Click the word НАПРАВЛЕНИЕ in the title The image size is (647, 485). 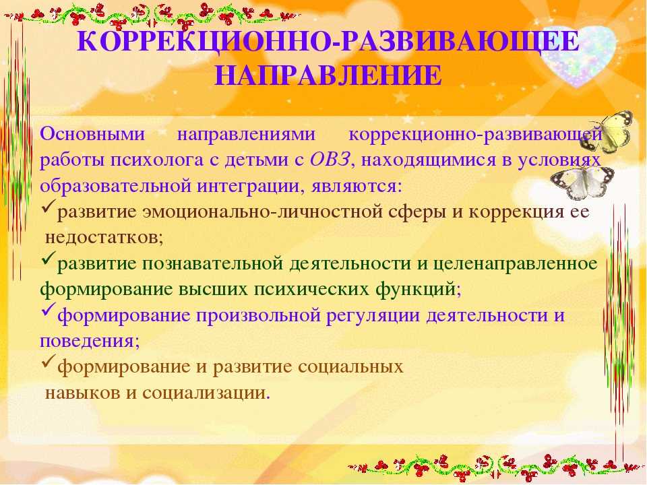tap(328, 75)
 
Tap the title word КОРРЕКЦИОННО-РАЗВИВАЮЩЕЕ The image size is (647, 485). tap(328, 41)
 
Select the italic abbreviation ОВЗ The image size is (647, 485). tap(330, 160)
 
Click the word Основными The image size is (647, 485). tap(92, 134)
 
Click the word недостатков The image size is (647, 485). tap(104, 237)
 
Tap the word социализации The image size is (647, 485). tap(204, 393)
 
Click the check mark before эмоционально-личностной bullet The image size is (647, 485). tap(49, 206)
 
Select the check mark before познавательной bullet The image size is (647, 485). tap(49, 258)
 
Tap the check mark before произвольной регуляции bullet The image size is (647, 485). tap(49, 310)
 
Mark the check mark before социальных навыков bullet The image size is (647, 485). tap(49, 361)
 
